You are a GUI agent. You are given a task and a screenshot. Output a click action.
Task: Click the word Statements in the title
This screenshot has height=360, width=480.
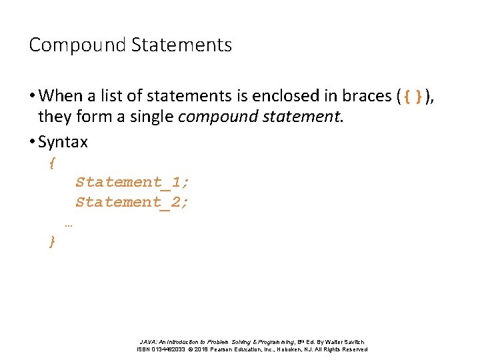(x=181, y=45)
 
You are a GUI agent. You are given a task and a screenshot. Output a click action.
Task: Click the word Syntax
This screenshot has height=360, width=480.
(x=63, y=142)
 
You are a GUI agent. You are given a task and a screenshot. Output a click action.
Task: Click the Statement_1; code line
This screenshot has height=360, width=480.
(x=133, y=182)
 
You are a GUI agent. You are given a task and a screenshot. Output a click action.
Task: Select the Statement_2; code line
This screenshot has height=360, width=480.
(x=133, y=201)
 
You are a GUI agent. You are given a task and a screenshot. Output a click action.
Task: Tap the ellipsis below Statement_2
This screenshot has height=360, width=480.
(x=69, y=225)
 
